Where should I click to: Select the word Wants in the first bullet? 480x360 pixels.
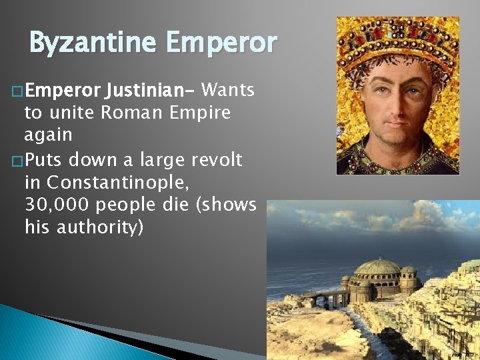click(x=227, y=89)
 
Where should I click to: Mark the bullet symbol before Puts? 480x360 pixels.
click(x=17, y=159)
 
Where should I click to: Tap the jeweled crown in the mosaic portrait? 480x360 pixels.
click(x=398, y=40)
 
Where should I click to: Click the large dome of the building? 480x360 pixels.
click(x=379, y=268)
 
